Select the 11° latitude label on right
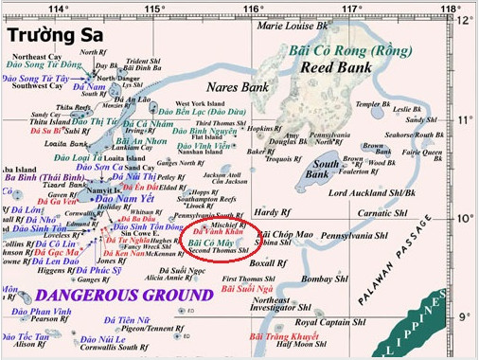[464, 120]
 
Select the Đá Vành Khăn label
[213, 232]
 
